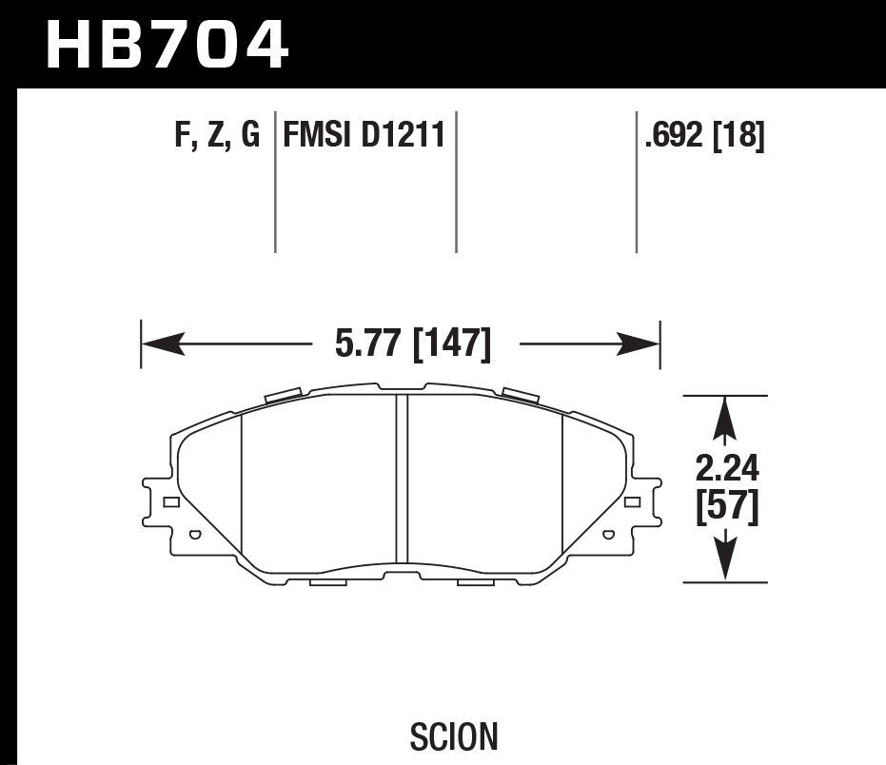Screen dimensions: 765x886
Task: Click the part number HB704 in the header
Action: (166, 44)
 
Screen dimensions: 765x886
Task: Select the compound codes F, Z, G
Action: (217, 136)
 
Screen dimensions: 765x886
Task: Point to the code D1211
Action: (404, 136)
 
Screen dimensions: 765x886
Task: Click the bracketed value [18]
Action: (738, 136)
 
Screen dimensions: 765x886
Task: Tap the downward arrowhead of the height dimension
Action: (726, 563)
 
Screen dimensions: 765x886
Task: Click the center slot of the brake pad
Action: (402, 481)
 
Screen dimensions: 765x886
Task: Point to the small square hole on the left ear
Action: (170, 501)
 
